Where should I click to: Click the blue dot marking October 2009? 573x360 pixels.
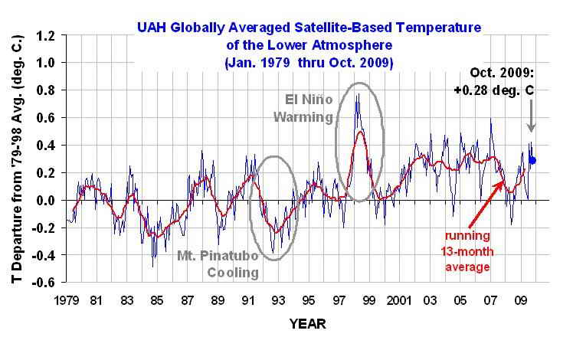[x=532, y=160]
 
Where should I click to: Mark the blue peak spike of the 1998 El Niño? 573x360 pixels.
[x=357, y=94]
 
